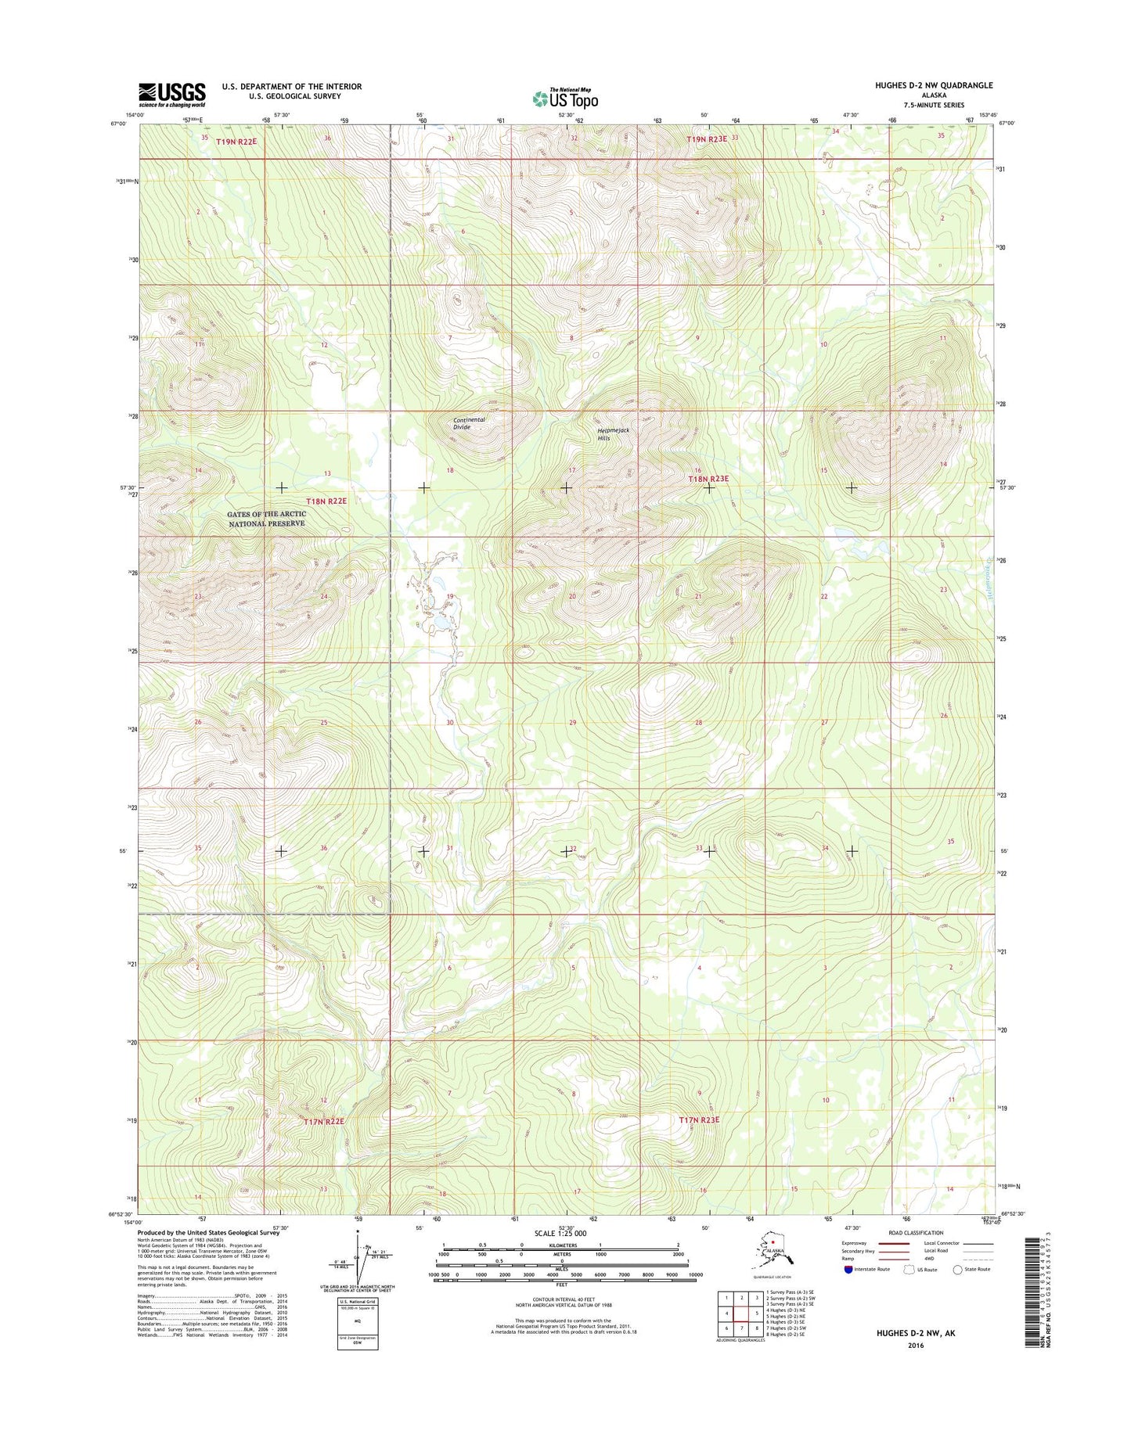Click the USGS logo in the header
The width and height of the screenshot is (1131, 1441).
(171, 94)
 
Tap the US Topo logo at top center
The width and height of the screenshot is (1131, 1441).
(565, 99)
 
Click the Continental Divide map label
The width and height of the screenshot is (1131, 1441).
(469, 423)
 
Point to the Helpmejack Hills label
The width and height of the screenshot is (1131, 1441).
(613, 434)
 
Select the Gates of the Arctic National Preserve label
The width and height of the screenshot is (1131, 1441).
(266, 519)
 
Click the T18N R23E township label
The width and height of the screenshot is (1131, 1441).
(708, 479)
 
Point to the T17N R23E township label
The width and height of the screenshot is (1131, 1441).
(698, 1120)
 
